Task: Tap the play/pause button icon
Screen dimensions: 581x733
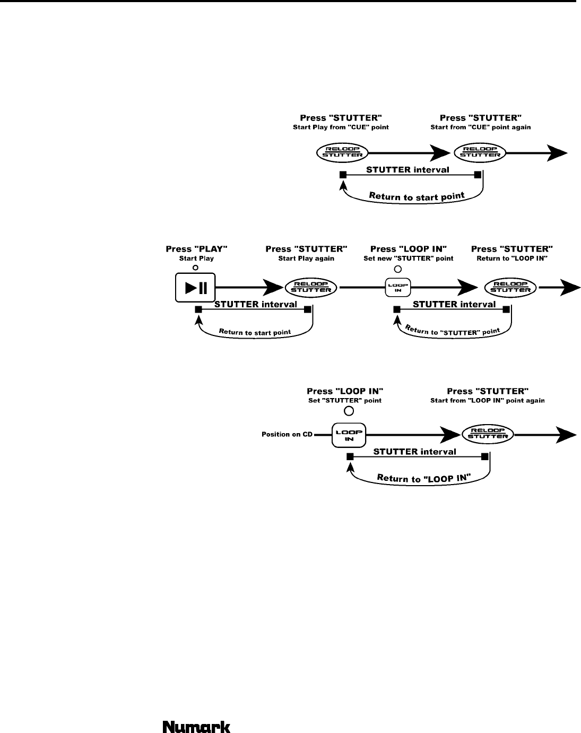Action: pyautogui.click(x=195, y=288)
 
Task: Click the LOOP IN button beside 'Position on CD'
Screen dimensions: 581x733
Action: pyautogui.click(x=349, y=435)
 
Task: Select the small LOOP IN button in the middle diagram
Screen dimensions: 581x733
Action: pyautogui.click(x=398, y=288)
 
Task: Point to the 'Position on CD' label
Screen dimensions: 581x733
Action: pyautogui.click(x=287, y=434)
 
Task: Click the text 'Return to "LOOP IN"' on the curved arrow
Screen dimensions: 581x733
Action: pyautogui.click(x=423, y=478)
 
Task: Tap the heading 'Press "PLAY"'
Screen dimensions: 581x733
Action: pyautogui.click(x=196, y=249)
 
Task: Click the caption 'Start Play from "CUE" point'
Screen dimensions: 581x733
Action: pyautogui.click(x=341, y=127)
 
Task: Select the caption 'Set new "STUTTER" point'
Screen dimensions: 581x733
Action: pyautogui.click(x=409, y=258)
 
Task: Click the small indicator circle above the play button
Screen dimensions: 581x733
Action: pyautogui.click(x=195, y=268)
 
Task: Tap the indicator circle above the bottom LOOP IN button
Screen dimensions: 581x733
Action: pyautogui.click(x=349, y=411)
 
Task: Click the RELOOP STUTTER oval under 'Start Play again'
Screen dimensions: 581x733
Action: pyautogui.click(x=310, y=288)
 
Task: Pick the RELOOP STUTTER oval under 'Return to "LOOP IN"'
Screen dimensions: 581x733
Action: pyautogui.click(x=510, y=288)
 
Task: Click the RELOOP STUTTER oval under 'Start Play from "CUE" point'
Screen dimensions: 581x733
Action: pyautogui.click(x=342, y=152)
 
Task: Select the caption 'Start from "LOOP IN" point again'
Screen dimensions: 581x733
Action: pyautogui.click(x=487, y=401)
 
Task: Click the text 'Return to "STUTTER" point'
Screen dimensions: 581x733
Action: pyautogui.click(x=453, y=331)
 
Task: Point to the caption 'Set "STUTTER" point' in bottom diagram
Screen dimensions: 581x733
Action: pyautogui.click(x=345, y=401)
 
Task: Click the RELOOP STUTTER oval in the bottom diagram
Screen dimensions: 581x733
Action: pyautogui.click(x=488, y=434)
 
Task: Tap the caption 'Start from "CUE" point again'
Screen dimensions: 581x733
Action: pyautogui.click(x=481, y=127)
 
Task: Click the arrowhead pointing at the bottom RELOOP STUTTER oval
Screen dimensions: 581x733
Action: pyautogui.click(x=450, y=435)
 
